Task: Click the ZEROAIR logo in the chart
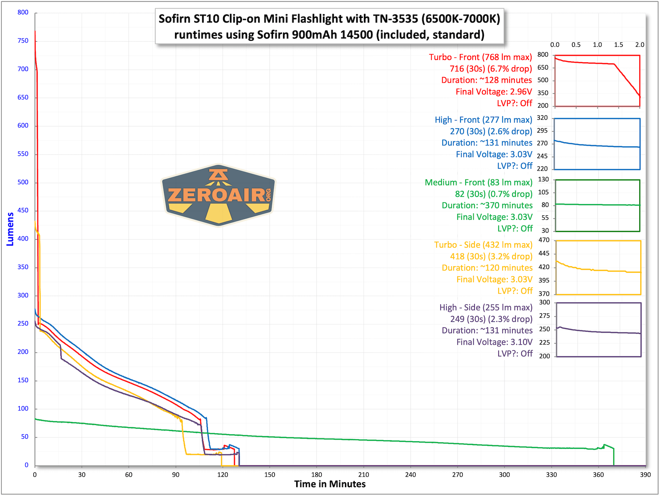[x=218, y=195]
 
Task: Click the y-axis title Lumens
[x=10, y=229]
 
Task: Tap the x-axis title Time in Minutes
[x=330, y=484]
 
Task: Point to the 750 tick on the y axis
[x=23, y=41]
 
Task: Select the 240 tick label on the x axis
[x=410, y=474]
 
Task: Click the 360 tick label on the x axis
[x=598, y=474]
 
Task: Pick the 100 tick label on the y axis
[x=23, y=408]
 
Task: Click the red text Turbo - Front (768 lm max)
[x=480, y=57]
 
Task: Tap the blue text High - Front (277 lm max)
[x=483, y=120]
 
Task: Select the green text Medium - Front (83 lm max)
[x=479, y=182]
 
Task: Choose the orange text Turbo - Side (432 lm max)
[x=483, y=245]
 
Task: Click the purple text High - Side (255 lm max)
[x=486, y=307]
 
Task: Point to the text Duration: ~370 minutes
[x=487, y=205]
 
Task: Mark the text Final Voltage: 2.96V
[x=494, y=92]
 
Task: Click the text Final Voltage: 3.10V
[x=494, y=342]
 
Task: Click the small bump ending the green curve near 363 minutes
[x=604, y=445]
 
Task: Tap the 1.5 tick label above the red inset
[x=618, y=45]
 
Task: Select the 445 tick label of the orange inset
[x=544, y=253]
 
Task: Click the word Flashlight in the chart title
[x=339, y=19]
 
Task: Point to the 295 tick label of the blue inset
[x=542, y=131]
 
